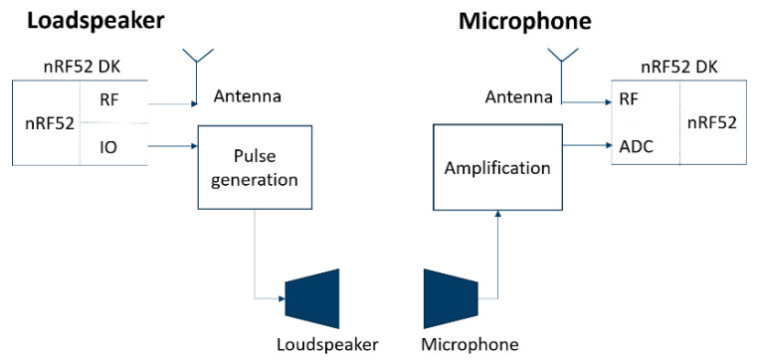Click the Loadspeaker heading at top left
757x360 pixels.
point(82,21)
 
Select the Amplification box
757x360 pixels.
point(497,166)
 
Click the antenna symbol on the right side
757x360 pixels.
point(563,71)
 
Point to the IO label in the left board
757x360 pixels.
point(111,148)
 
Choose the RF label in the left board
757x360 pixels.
point(111,99)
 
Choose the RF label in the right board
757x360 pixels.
point(629,99)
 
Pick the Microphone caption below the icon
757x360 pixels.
point(470,345)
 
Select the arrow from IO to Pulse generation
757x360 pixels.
point(170,148)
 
